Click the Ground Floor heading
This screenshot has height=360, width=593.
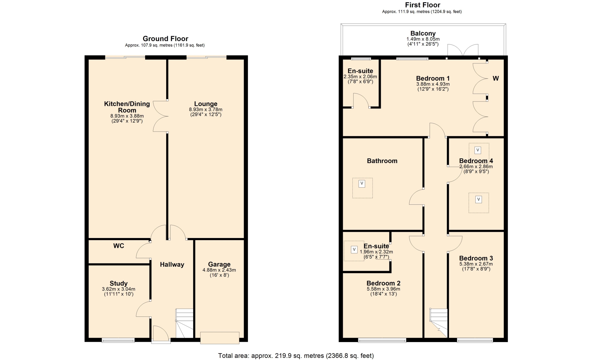(x=165, y=39)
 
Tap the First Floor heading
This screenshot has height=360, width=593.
(x=423, y=5)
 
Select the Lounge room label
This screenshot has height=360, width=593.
(x=206, y=104)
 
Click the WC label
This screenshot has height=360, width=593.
(x=119, y=246)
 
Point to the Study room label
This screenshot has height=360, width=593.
(x=119, y=283)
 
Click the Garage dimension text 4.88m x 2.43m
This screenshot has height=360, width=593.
(x=219, y=270)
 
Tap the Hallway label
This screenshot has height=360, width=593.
(x=172, y=264)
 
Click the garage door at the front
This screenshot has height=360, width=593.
(x=220, y=338)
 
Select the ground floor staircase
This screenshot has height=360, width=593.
(x=184, y=323)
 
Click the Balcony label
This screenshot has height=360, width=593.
(x=423, y=33)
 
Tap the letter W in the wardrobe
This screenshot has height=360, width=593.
(x=496, y=78)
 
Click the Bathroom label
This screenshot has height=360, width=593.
(x=382, y=161)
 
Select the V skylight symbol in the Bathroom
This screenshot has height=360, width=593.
(x=362, y=184)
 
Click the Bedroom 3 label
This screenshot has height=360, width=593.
(x=476, y=258)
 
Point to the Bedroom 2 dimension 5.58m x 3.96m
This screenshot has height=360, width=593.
(x=383, y=289)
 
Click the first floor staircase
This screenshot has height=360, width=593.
(x=439, y=323)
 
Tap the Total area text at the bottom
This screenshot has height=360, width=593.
(x=296, y=356)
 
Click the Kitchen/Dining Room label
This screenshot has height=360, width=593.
(x=127, y=107)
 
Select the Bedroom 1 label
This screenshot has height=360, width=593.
(x=433, y=78)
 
